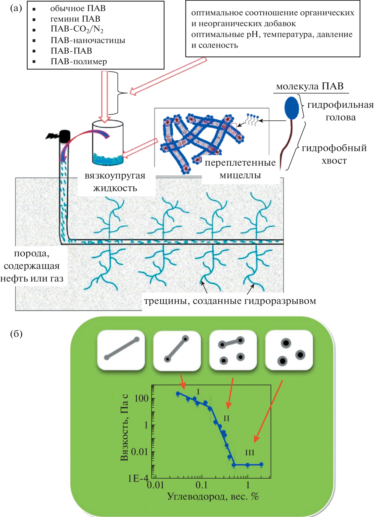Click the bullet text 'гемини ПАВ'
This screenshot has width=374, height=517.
click(75, 19)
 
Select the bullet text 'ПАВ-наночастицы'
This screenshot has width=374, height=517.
click(88, 40)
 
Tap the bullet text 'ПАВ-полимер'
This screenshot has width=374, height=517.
click(79, 61)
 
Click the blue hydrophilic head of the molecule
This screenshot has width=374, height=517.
click(292, 108)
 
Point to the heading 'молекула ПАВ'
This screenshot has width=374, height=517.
click(310, 86)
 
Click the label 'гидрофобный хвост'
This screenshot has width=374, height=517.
click(334, 154)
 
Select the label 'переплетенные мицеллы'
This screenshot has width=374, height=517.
click(240, 169)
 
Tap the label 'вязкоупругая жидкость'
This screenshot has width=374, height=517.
click(115, 182)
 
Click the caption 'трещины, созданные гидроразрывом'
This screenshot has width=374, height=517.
click(230, 301)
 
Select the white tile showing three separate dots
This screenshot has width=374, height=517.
click(289, 350)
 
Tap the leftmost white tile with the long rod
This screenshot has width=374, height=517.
click(121, 350)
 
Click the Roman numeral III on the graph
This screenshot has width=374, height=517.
click(250, 453)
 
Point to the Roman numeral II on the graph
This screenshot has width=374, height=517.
click(226, 418)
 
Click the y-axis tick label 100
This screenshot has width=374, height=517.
click(142, 398)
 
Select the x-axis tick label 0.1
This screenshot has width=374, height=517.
click(202, 485)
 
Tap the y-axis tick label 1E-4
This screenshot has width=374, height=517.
click(138, 478)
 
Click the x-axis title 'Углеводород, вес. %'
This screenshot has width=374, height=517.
click(213, 496)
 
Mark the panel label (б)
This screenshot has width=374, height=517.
click(16, 334)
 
